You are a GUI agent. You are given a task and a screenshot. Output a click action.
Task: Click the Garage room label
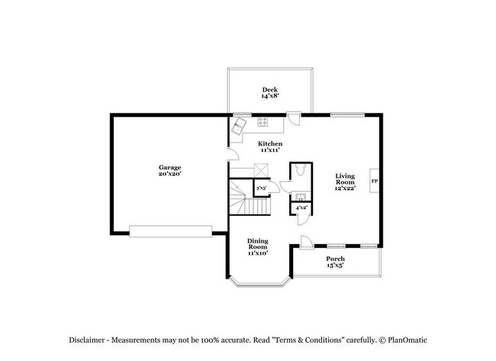pos(169,167)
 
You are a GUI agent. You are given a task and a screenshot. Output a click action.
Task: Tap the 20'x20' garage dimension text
pos(169,175)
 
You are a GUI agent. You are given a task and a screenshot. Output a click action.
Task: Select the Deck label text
pos(270,89)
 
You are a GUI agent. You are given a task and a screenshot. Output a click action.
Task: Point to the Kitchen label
pos(270,144)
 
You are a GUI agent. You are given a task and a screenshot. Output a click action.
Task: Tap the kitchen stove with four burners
pos(263,121)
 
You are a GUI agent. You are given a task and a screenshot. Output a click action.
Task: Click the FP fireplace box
pos(374,181)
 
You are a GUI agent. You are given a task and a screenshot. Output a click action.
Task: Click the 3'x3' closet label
pos(261,188)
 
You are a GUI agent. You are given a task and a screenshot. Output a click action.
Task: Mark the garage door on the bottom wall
pos(171,230)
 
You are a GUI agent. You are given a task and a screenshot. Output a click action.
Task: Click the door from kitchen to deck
pos(293,120)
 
